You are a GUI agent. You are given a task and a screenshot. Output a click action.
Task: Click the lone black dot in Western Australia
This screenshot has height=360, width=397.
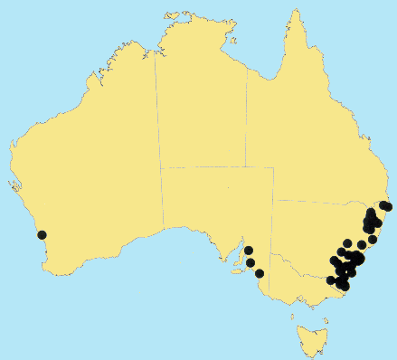[42, 235]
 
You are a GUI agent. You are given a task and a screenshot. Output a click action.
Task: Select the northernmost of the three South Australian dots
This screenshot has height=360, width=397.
[248, 251]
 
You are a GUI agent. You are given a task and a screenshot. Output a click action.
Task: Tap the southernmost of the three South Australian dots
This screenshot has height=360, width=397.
[260, 273]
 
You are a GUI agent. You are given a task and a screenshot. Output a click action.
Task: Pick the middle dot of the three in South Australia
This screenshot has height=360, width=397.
[250, 263]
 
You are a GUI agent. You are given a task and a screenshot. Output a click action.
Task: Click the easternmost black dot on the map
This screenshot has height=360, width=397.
[388, 207]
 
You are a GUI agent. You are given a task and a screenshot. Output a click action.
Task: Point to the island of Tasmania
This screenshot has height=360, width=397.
[310, 339]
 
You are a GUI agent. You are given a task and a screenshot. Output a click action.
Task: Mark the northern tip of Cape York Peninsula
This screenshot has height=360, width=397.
[293, 12]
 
